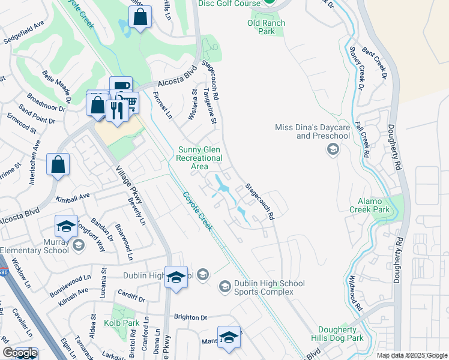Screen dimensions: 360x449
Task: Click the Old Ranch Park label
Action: (x=266, y=28)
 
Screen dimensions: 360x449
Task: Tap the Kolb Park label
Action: (x=125, y=323)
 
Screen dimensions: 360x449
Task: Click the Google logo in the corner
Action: (x=19, y=353)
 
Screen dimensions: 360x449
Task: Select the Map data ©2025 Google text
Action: (x=412, y=355)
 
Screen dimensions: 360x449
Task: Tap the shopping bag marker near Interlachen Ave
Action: (x=58, y=164)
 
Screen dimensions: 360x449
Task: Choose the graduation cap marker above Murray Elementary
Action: (x=66, y=226)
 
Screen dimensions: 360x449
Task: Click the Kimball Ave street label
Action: (x=72, y=197)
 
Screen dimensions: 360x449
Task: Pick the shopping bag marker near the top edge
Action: (x=140, y=18)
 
